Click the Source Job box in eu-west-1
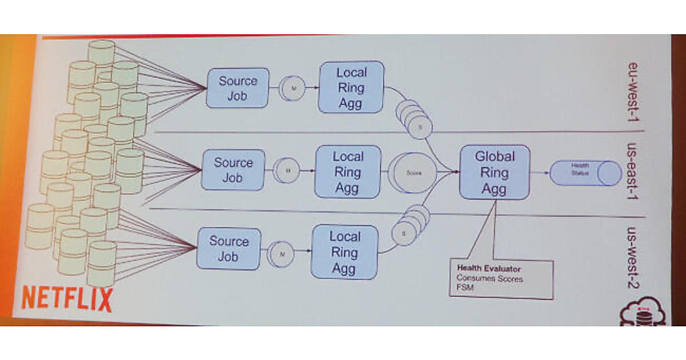pyautogui.click(x=237, y=88)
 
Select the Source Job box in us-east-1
pyautogui.click(x=233, y=170)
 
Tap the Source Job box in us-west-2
pyautogui.click(x=228, y=249)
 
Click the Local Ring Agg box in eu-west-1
pyautogui.click(x=351, y=87)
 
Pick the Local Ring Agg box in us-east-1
pyautogui.click(x=348, y=171)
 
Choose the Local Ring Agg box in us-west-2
pyautogui.click(x=344, y=252)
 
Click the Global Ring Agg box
pyautogui.click(x=494, y=172)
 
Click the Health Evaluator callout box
pyautogui.click(x=501, y=279)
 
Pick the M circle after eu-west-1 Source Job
pyautogui.click(x=293, y=88)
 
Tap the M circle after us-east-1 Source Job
pyautogui.click(x=288, y=170)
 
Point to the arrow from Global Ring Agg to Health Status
pyautogui.click(x=540, y=172)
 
